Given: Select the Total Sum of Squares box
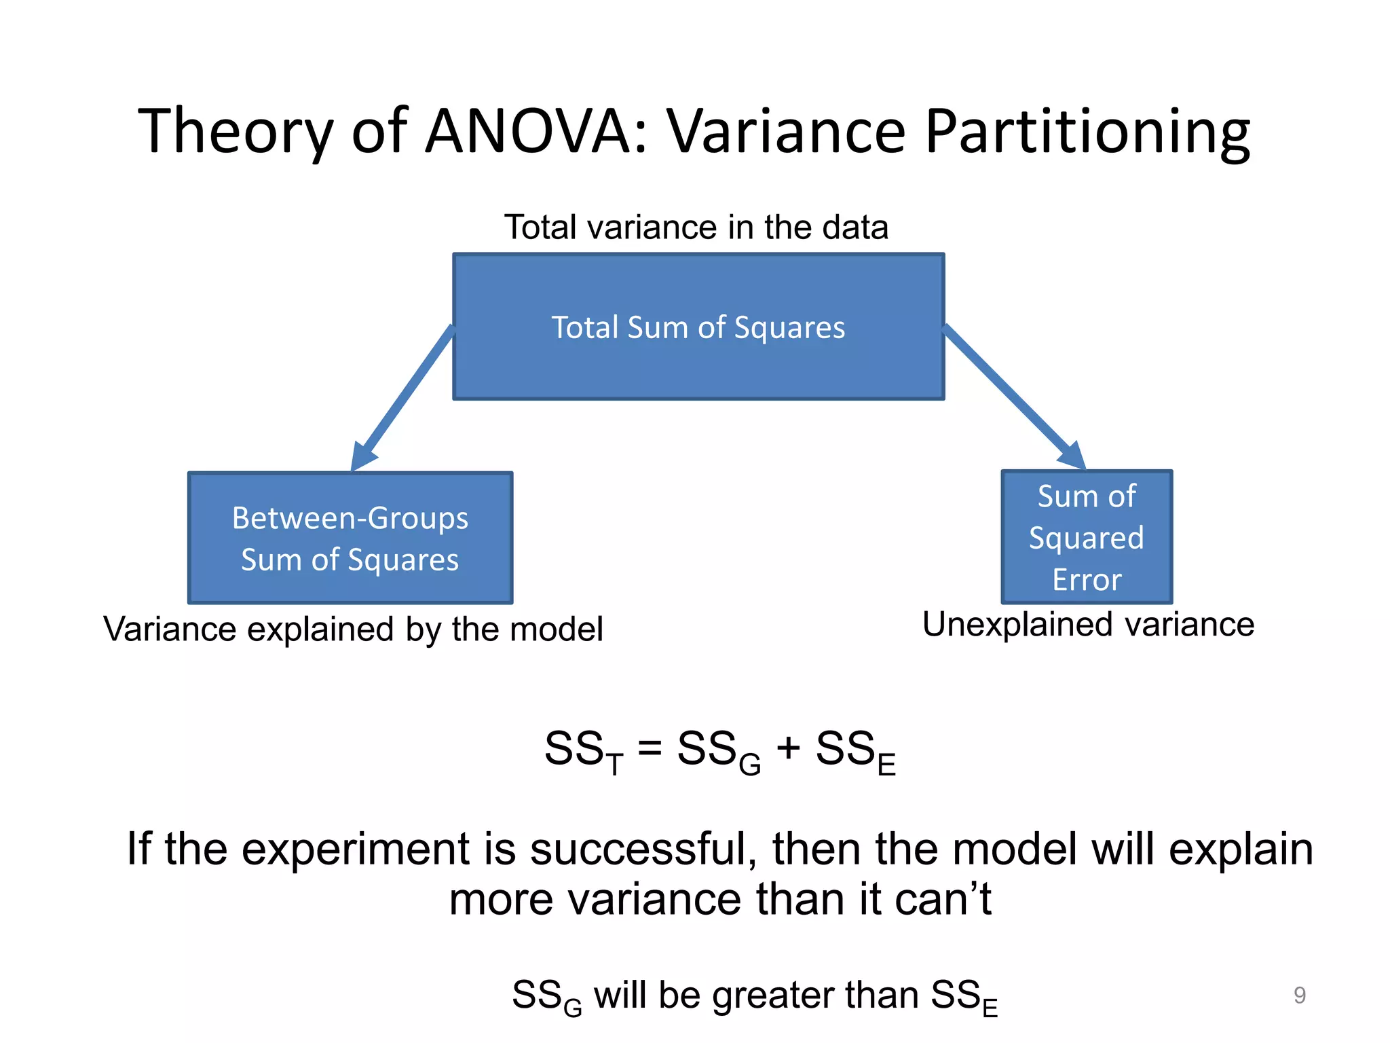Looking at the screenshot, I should (698, 327).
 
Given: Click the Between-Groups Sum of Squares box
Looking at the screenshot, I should (350, 538).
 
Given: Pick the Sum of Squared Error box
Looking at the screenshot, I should (1087, 536).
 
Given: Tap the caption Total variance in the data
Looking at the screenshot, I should (696, 227).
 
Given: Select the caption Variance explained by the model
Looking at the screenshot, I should (353, 629).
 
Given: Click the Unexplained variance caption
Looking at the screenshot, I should (1088, 624).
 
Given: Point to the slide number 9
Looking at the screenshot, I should (1299, 995).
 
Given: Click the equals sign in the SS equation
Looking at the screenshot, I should (650, 748).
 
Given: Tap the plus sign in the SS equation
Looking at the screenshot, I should (788, 748).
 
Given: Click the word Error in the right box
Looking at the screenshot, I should (1087, 580).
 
